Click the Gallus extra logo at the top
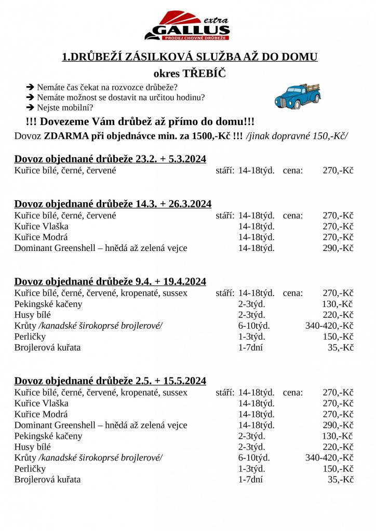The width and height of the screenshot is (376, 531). pos(187,26)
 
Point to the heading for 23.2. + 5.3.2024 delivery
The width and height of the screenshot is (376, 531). pos(110,159)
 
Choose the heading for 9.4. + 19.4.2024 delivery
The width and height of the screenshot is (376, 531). pos(110,282)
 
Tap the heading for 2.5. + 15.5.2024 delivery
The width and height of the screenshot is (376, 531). pos(110,381)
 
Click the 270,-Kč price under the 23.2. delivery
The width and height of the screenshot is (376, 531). pos(338,170)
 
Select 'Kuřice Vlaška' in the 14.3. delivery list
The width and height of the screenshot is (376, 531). pos(42,226)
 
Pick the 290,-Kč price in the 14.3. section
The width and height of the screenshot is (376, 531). pos(338,248)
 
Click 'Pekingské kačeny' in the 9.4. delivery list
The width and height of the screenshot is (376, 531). pos(48,304)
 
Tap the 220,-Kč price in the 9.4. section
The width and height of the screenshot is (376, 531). pos(338,315)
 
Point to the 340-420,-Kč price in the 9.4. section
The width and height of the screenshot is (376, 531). pos(330,326)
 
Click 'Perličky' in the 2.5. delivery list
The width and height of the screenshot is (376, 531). pos(30,469)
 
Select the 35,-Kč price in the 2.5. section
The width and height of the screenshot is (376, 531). pos(341,480)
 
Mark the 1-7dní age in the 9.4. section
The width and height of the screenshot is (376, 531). pos(250,347)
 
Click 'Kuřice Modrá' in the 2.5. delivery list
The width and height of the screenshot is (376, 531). pos(41,414)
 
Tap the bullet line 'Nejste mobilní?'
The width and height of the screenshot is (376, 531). pos(65,107)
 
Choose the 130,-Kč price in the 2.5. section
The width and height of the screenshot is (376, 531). pos(338,436)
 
